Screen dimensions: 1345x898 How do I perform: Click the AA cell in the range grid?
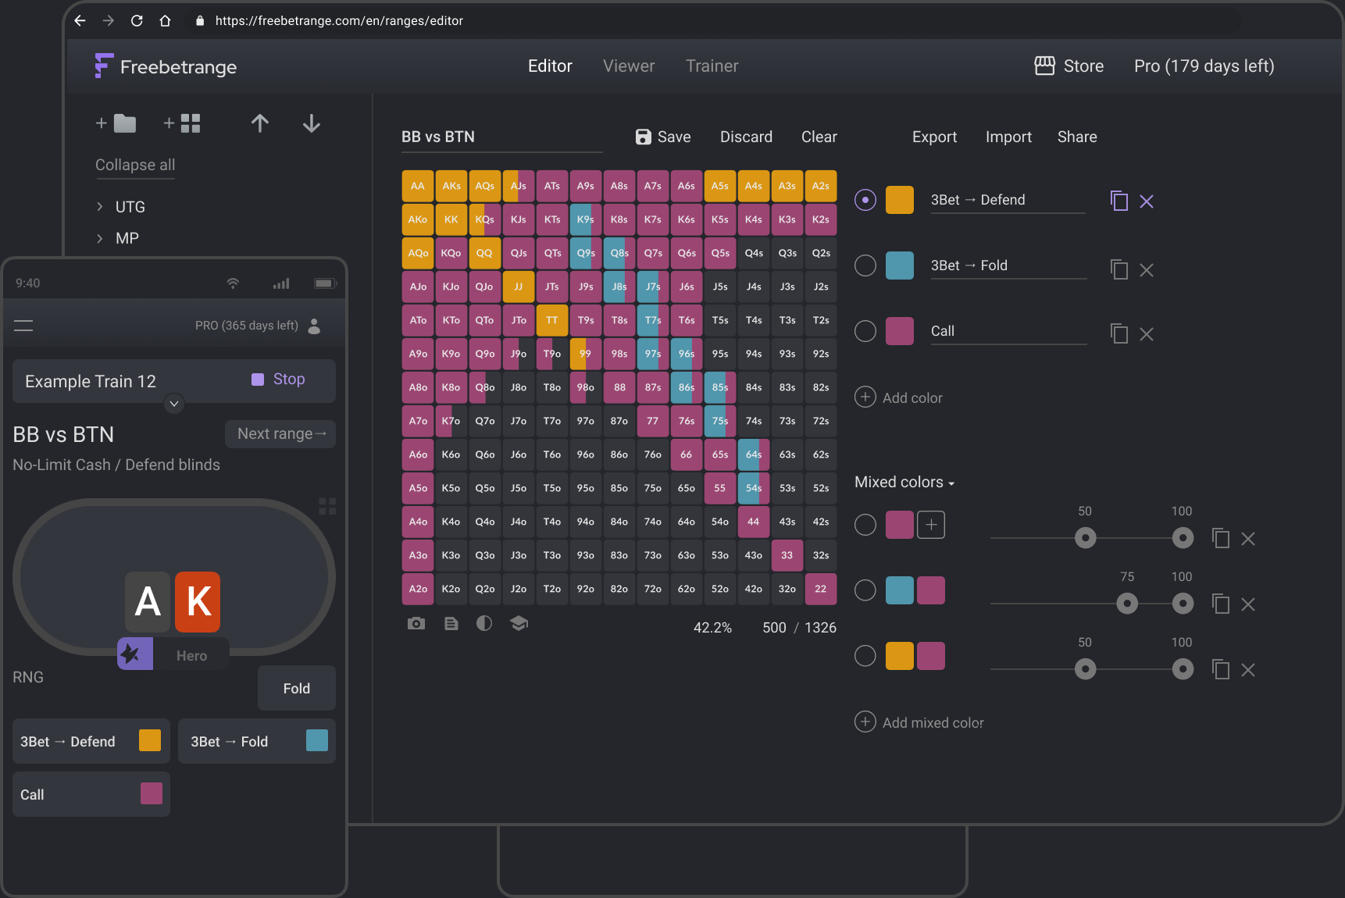pyautogui.click(x=418, y=186)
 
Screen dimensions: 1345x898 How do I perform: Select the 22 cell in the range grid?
pyautogui.click(x=820, y=589)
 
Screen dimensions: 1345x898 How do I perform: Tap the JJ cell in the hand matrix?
pyautogui.click(x=519, y=287)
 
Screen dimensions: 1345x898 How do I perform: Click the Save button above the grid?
pyautogui.click(x=663, y=137)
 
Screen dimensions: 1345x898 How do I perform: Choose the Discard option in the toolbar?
pyautogui.click(x=746, y=137)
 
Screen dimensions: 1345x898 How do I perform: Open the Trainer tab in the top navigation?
pyautogui.click(x=712, y=66)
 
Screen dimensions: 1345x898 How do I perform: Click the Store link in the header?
pyautogui.click(x=1069, y=66)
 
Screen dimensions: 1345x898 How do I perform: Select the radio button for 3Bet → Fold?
pyautogui.click(x=865, y=265)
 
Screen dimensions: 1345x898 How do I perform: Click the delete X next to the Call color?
pyautogui.click(x=1147, y=334)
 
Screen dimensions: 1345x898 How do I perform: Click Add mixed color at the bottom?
pyautogui.click(x=919, y=722)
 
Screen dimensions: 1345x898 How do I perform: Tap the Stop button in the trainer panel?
pyautogui.click(x=278, y=380)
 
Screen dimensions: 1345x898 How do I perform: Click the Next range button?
pyautogui.click(x=280, y=434)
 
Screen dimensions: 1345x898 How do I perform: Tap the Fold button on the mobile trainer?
pyautogui.click(x=297, y=688)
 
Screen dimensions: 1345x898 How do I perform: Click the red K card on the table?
pyautogui.click(x=198, y=601)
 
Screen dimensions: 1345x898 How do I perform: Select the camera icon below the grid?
pyautogui.click(x=416, y=623)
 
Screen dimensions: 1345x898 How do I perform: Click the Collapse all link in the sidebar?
pyautogui.click(x=135, y=165)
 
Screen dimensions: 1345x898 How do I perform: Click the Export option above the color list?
pyautogui.click(x=934, y=137)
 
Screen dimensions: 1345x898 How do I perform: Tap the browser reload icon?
pyautogui.click(x=137, y=21)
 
